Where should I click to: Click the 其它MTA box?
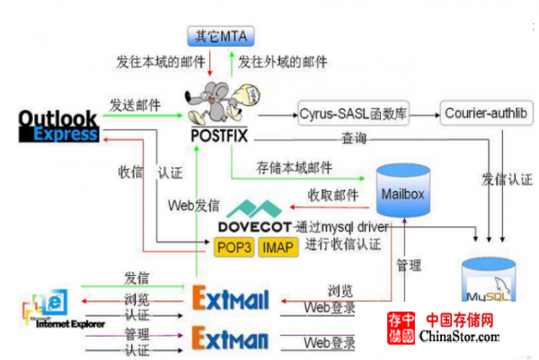[220, 37]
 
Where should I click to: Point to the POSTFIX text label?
[219, 136]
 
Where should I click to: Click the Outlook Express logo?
[57, 126]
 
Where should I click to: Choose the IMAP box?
[278, 246]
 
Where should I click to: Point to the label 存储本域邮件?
[294, 169]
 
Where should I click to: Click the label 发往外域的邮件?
[282, 63]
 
